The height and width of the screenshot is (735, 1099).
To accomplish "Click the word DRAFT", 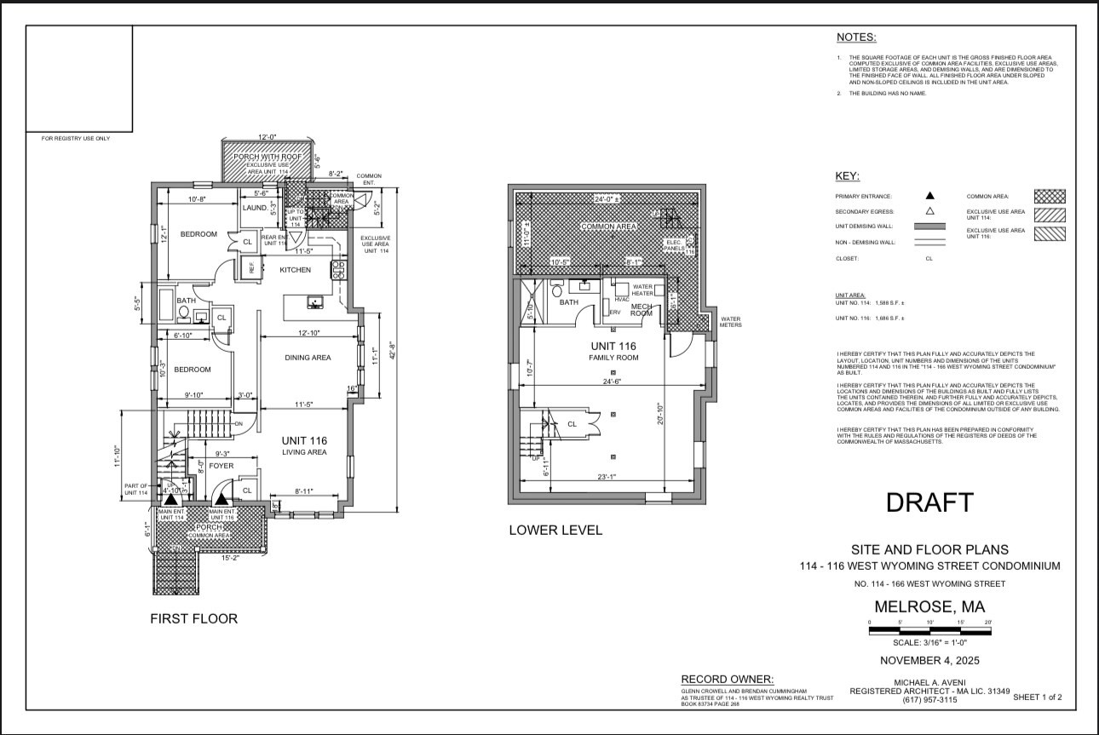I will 929,503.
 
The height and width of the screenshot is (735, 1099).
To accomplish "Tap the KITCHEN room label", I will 296,270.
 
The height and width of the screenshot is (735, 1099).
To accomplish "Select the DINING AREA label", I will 308,358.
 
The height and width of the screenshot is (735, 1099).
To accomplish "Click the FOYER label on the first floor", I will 222,466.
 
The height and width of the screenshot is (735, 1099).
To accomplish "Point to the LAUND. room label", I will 255,208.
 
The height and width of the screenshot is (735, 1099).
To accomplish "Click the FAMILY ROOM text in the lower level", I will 613,358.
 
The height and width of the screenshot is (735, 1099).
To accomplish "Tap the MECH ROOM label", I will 641,312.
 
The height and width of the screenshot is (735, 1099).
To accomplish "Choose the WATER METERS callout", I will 731,322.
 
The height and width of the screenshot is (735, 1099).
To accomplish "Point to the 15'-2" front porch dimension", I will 231,560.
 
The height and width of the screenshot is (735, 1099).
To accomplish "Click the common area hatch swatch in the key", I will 1050,196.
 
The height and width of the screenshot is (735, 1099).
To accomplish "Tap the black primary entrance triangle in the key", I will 930,196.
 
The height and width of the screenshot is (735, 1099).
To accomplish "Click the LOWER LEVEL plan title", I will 555,530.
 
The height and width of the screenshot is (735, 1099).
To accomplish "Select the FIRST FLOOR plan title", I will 194,618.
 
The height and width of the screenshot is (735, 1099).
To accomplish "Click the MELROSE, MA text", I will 929,607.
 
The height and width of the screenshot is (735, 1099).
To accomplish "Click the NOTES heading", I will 856,37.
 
